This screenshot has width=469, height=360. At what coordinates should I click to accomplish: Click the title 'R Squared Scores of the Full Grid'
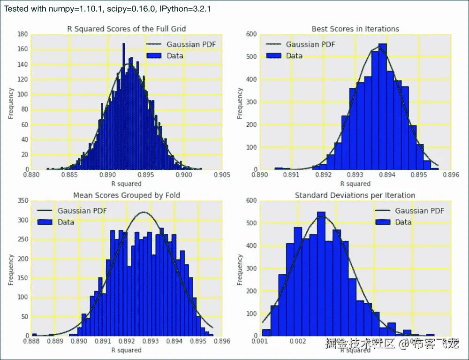(127, 29)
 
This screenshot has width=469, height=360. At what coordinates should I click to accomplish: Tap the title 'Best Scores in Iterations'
(355, 29)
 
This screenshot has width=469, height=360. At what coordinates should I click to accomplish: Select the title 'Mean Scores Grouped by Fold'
(127, 195)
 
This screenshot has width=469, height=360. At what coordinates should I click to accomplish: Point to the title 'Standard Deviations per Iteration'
(355, 195)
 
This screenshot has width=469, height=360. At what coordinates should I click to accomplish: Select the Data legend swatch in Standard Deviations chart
(382, 222)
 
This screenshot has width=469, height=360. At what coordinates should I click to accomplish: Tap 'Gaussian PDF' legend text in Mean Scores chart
(82, 211)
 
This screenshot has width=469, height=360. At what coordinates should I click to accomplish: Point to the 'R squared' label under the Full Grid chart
(126, 184)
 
